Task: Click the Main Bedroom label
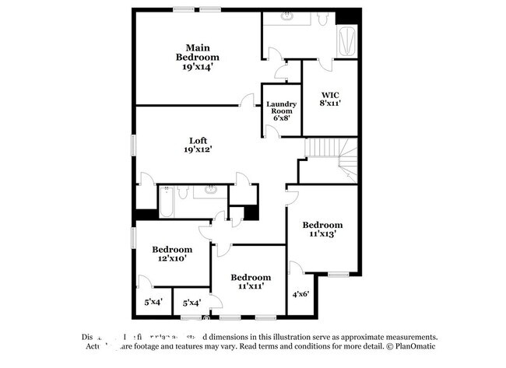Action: (197, 57)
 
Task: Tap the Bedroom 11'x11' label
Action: (251, 282)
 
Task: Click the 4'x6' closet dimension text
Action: (300, 294)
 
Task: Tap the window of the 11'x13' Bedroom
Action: (337, 275)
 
